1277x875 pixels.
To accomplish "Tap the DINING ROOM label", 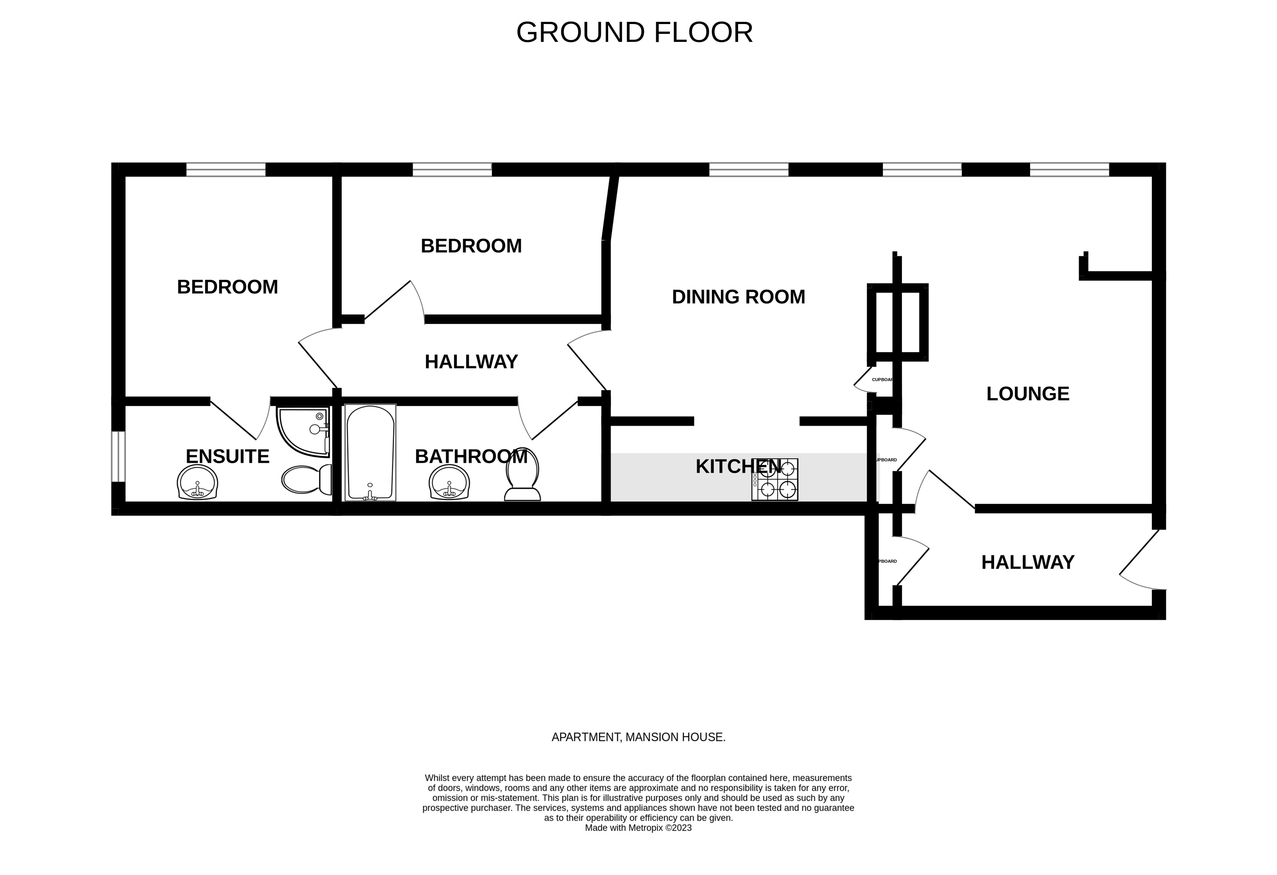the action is point(738,297).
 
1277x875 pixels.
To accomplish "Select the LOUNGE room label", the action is point(1028,393).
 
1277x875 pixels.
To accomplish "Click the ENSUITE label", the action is point(228,456).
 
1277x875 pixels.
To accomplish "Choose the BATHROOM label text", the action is point(471,456).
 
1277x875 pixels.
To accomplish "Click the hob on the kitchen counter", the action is point(775,480).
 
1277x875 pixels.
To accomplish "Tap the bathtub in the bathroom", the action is point(370,452).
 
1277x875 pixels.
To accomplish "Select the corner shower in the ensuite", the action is point(304,431).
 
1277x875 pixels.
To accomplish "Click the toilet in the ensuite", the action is point(307,479).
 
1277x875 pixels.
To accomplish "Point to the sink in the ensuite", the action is point(197,482).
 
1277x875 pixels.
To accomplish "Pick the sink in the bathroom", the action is point(449,482).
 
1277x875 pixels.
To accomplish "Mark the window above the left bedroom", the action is point(226,169).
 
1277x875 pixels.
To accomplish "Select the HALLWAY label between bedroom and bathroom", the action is point(471,362).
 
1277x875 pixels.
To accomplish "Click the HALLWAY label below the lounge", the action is point(1028,562).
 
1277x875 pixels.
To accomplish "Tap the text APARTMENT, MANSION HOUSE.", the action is point(638,737).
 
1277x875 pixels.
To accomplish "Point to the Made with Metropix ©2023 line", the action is point(638,828).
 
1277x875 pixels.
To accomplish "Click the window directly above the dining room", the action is point(748,169).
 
